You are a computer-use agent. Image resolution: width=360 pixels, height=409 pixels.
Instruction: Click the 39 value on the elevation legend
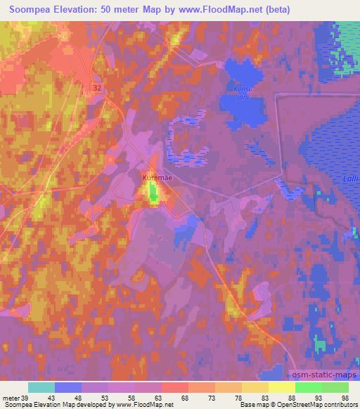(25, 398)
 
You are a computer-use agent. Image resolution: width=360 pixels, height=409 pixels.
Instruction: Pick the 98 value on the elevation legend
(344, 398)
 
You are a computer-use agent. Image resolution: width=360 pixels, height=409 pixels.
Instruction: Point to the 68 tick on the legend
(184, 398)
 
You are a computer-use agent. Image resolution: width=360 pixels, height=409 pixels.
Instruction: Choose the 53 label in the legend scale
(105, 398)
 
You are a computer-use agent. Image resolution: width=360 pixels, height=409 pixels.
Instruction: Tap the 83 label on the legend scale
(264, 398)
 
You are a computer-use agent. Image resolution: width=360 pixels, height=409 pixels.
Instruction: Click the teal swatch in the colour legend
(41, 387)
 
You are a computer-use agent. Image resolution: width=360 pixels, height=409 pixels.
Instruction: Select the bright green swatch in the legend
(309, 387)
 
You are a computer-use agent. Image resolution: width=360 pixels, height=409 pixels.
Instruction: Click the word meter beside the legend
(11, 398)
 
